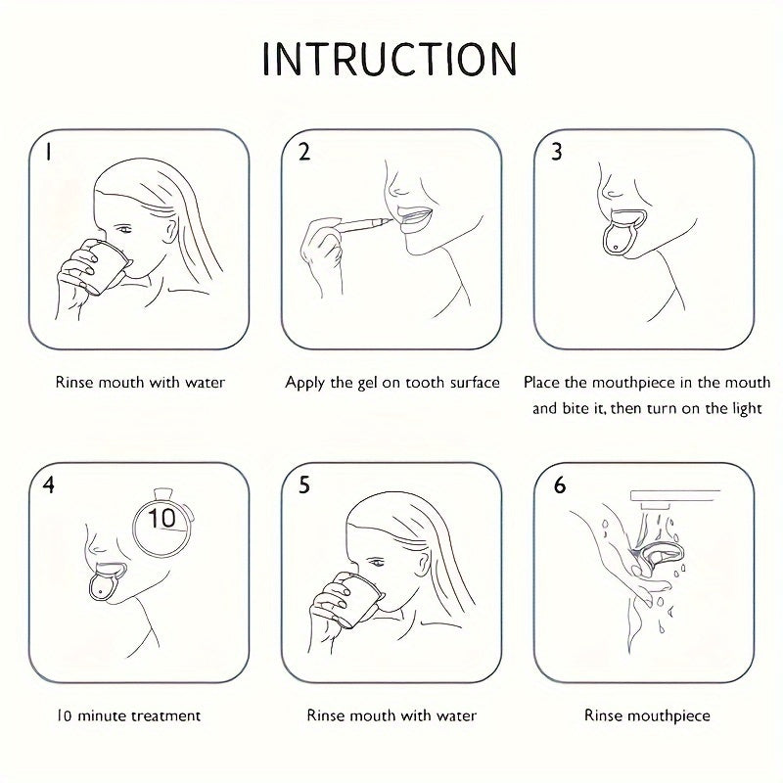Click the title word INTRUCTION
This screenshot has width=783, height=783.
point(389,59)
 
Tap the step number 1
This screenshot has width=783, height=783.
point(48,152)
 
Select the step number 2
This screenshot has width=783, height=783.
point(304,152)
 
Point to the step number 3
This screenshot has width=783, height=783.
point(557,152)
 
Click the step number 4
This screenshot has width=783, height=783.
point(48,484)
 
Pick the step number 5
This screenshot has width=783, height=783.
point(304,484)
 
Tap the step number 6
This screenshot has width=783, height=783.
point(560,484)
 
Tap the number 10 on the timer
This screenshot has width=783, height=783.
point(161,518)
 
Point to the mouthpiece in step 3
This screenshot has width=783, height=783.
point(622,234)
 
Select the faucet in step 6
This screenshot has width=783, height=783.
point(675,499)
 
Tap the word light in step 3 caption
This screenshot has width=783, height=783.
point(747,409)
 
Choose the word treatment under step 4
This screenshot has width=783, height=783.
point(165,716)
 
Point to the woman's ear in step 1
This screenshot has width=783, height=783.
point(170,231)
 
